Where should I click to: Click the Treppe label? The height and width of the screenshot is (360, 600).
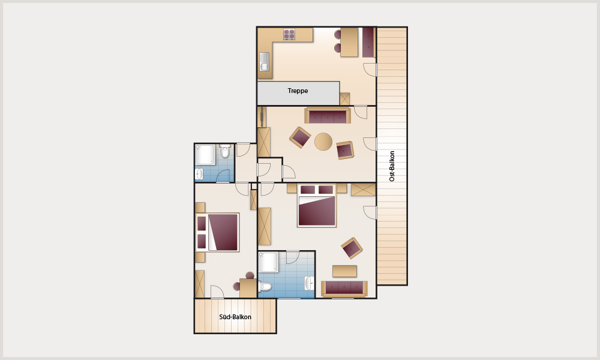click(x=298, y=91)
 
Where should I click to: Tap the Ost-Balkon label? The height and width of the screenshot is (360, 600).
click(x=392, y=166)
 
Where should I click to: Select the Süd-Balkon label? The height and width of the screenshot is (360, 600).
click(x=235, y=317)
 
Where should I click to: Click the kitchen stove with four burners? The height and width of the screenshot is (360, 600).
click(x=289, y=34)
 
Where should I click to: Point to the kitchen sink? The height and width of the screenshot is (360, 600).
click(x=265, y=62)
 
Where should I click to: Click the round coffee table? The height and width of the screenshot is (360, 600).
click(x=323, y=142)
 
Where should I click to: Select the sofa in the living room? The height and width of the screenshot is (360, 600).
click(x=328, y=115)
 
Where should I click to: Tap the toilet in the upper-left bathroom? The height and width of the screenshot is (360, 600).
click(x=225, y=151)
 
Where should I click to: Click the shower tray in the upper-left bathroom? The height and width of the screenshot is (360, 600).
click(x=205, y=155)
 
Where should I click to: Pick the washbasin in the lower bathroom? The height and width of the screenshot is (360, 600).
click(x=309, y=283)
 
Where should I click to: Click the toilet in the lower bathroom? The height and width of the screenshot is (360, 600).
click(x=265, y=286)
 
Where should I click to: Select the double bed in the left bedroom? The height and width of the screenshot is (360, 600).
click(x=218, y=232)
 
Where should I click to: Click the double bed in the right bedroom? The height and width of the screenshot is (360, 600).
click(x=316, y=205)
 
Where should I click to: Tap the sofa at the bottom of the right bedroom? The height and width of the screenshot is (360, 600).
click(x=344, y=289)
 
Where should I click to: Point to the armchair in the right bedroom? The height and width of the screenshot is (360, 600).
click(x=352, y=248)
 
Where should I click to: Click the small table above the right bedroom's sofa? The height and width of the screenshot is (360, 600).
click(x=344, y=271)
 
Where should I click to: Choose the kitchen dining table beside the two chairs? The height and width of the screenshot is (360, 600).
click(x=349, y=42)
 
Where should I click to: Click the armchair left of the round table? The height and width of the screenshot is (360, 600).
click(x=300, y=137)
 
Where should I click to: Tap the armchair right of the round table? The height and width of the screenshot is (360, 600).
click(x=345, y=151)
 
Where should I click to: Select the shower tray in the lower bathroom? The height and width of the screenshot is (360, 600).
click(x=269, y=262)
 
